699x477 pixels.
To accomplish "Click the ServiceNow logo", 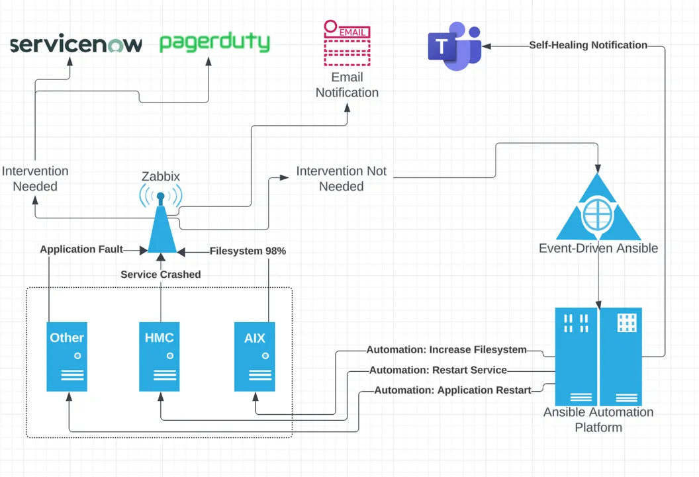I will (x=76, y=44).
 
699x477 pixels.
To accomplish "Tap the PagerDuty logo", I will (x=214, y=42).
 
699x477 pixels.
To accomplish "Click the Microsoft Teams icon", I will (x=454, y=46).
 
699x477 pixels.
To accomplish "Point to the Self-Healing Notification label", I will (x=588, y=45).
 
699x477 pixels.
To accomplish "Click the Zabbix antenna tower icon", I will (x=161, y=222).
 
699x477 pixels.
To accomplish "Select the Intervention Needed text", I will (x=35, y=179).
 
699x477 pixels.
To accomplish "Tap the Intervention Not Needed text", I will (x=341, y=179).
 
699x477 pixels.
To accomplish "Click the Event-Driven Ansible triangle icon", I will (x=598, y=210).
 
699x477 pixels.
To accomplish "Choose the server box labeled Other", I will (x=67, y=356).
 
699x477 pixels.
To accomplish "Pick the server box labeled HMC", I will (x=160, y=356).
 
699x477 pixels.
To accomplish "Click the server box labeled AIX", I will (x=255, y=356).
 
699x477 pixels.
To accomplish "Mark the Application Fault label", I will (x=81, y=249).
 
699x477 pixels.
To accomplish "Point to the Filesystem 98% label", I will (x=248, y=251).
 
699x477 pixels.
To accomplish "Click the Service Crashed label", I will (x=160, y=274).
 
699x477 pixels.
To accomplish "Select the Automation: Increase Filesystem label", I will (x=447, y=349).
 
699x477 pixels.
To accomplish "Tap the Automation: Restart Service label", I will (x=438, y=370).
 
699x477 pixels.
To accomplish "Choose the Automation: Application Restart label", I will (x=453, y=390).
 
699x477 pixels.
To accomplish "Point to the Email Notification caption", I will (x=347, y=85).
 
